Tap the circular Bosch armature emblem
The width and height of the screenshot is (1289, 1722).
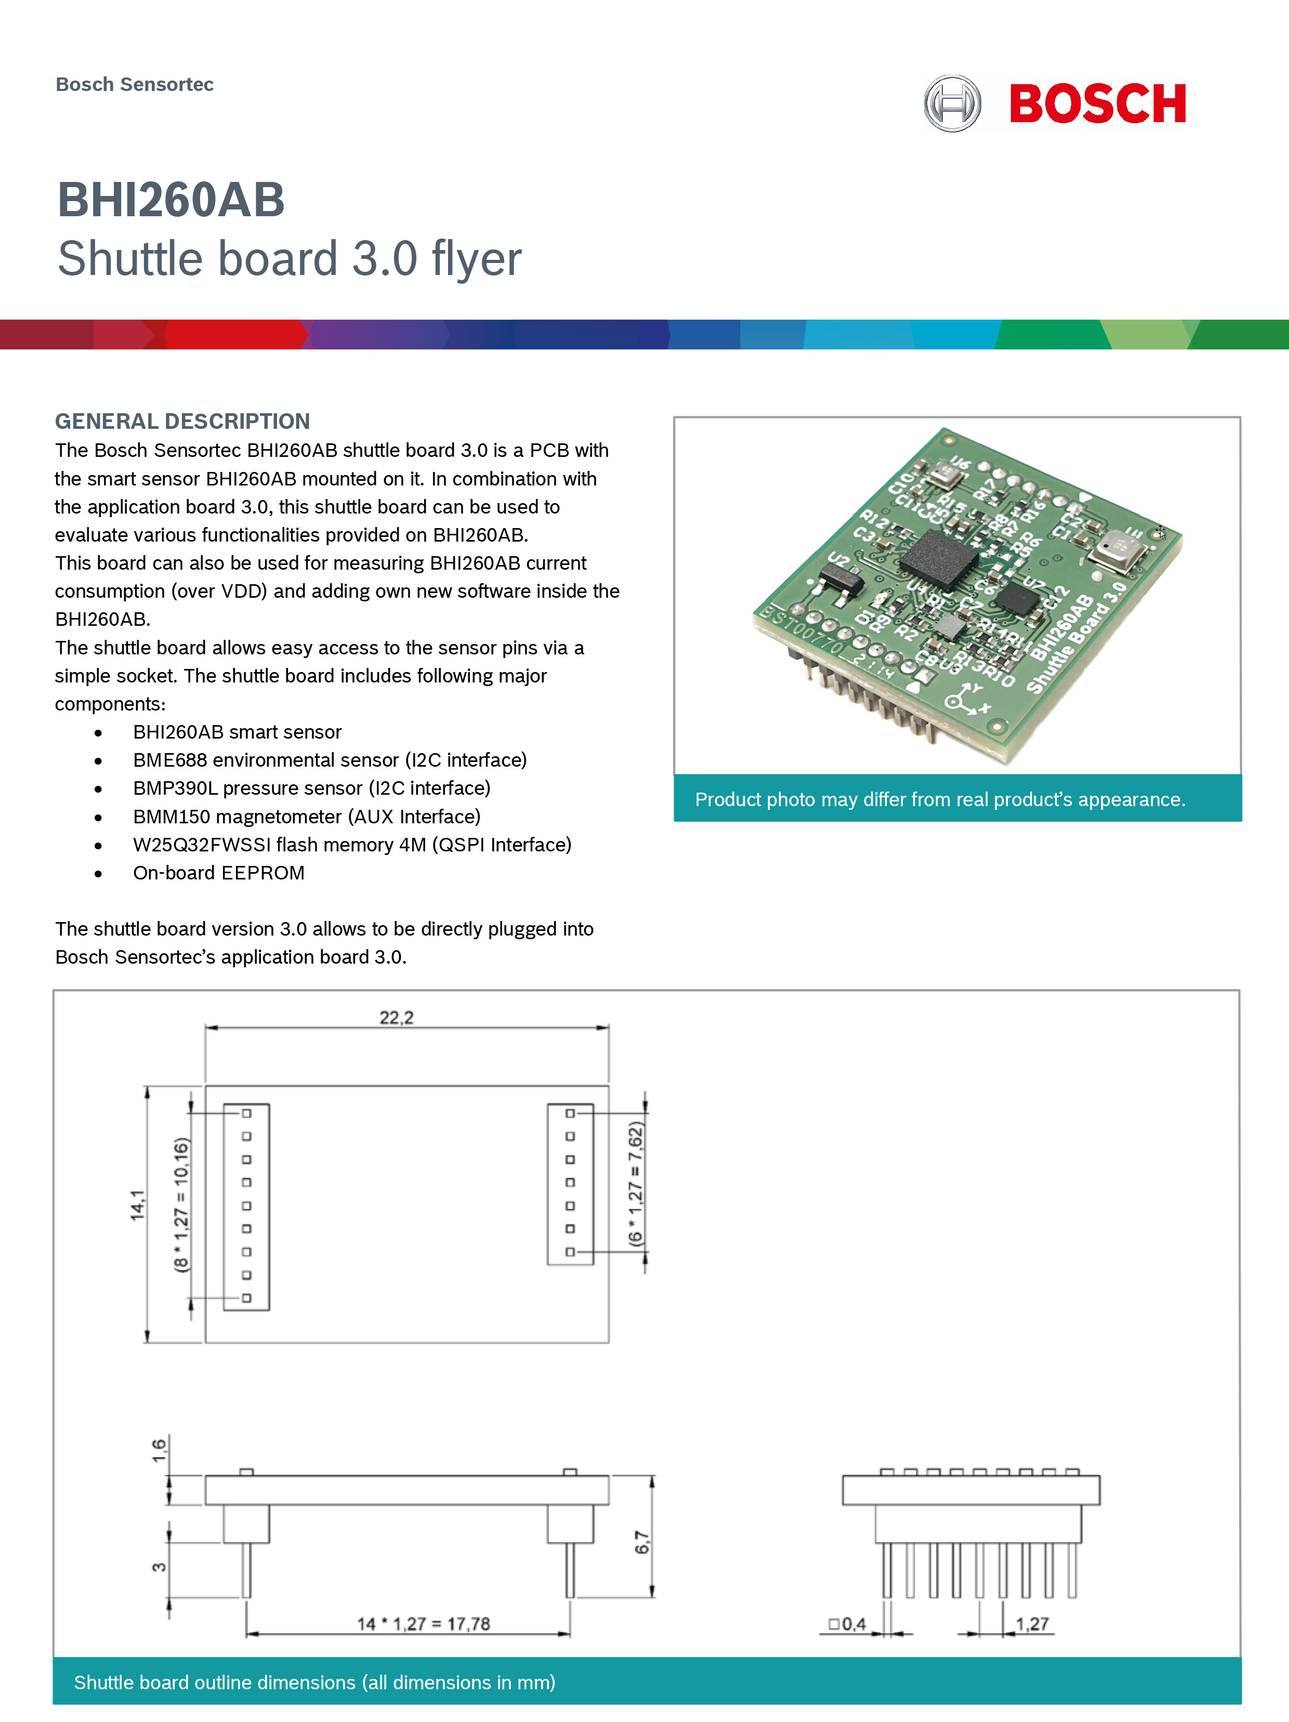pyautogui.click(x=952, y=103)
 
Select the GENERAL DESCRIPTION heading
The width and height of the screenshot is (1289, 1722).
pyautogui.click(x=182, y=421)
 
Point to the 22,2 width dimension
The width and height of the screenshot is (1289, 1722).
pyautogui.click(x=396, y=1018)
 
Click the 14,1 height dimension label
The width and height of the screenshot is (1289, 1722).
pyautogui.click(x=138, y=1205)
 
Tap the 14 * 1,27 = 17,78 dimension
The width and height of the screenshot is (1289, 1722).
pyautogui.click(x=424, y=1623)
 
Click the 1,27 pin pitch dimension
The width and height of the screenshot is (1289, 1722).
pyautogui.click(x=1032, y=1623)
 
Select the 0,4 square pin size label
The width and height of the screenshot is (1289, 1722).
pyautogui.click(x=848, y=1623)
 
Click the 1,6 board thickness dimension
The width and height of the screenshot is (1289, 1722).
pyautogui.click(x=159, y=1450)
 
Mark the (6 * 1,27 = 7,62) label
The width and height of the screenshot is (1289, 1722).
pyautogui.click(x=636, y=1184)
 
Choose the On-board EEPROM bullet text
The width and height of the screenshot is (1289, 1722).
pyautogui.click(x=219, y=873)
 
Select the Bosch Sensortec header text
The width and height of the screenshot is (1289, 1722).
pyautogui.click(x=135, y=84)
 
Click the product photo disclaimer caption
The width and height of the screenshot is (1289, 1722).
pyautogui.click(x=940, y=799)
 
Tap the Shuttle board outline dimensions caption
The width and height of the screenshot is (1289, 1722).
pyautogui.click(x=314, y=1682)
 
